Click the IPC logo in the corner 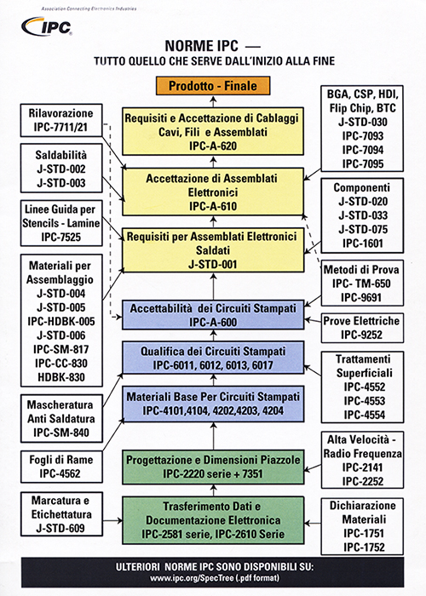pyautogui.click(x=47, y=26)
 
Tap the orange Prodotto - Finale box pyautogui.click(x=213, y=85)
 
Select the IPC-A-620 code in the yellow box pyautogui.click(x=213, y=146)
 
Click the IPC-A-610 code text pyautogui.click(x=213, y=206)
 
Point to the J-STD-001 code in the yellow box pyautogui.click(x=213, y=264)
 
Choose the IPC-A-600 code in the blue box pyautogui.click(x=213, y=323)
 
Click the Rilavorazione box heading pyautogui.click(x=60, y=113)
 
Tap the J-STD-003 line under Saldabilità pyautogui.click(x=60, y=183)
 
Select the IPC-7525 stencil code pyautogui.click(x=60, y=238)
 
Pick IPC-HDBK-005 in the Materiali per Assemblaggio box pyautogui.click(x=60, y=322)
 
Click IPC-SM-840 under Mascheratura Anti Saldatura pyautogui.click(x=60, y=433)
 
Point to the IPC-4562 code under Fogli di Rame pyautogui.click(x=60, y=473)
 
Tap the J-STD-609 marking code pyautogui.click(x=60, y=528)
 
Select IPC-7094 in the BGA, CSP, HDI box pyautogui.click(x=362, y=150)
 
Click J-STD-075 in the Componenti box pyautogui.click(x=362, y=230)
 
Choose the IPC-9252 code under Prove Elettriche pyautogui.click(x=362, y=335)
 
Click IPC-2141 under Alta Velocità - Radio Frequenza pyautogui.click(x=362, y=467)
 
